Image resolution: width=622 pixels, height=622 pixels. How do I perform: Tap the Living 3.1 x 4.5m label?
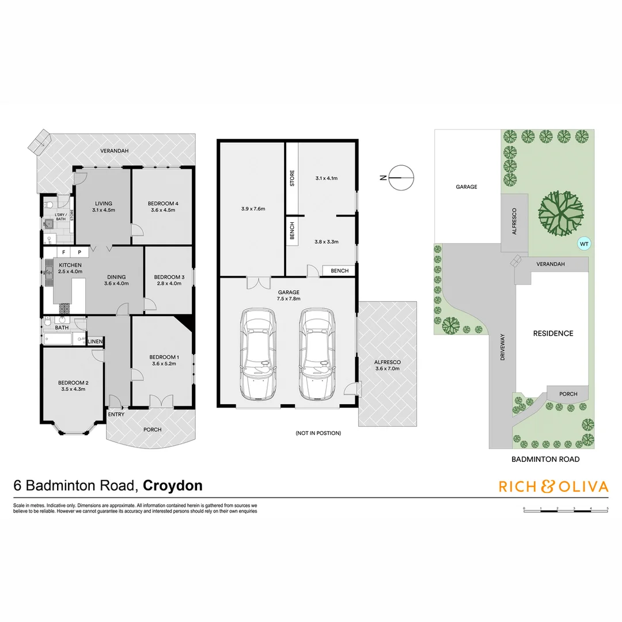click(x=104, y=207)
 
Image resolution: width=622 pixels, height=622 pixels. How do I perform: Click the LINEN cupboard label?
click(x=95, y=342)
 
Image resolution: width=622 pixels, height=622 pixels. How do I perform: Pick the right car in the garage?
click(x=317, y=354)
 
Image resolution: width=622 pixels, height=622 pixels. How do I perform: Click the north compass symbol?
click(x=401, y=177)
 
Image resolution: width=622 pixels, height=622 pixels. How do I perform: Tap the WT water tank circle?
click(x=584, y=244)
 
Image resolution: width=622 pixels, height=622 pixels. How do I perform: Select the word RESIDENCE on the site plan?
click(x=552, y=333)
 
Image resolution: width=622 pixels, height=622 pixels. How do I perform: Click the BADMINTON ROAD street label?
click(x=545, y=460)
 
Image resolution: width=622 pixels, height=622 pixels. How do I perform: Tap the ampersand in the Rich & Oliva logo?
click(x=547, y=487)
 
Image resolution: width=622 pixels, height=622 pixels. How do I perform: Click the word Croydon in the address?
click(x=172, y=486)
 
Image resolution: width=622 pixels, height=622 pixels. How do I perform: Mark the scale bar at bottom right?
click(x=566, y=509)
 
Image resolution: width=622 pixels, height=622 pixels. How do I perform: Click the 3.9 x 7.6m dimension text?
click(x=253, y=208)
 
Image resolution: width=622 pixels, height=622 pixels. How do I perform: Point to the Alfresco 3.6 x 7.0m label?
click(x=387, y=365)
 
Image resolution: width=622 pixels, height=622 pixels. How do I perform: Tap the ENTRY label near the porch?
click(x=116, y=414)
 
